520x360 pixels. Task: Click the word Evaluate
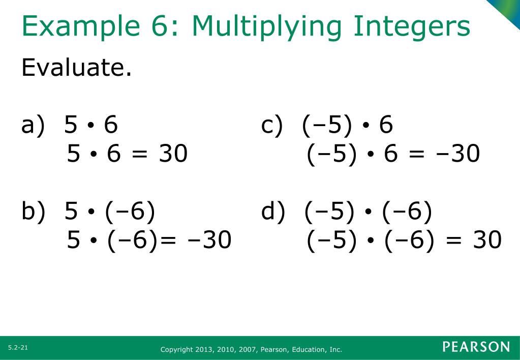pos(76,67)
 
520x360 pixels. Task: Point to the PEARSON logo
pos(476,347)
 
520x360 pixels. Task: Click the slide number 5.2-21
pos(17,347)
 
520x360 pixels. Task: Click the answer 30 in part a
pos(173,154)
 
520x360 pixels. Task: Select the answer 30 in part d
pos(487,240)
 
